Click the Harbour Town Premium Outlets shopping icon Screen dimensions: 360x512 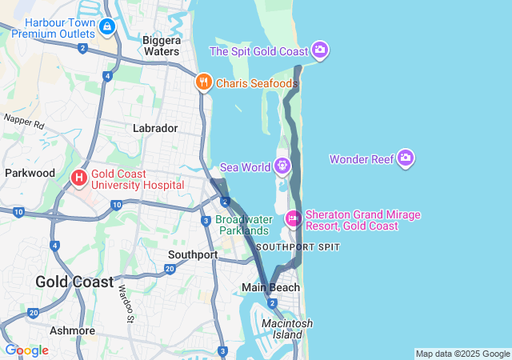(x=106, y=26)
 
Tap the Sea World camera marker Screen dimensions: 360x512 (x=282, y=166)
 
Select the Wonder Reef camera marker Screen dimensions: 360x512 (x=406, y=158)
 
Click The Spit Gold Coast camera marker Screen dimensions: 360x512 (x=320, y=50)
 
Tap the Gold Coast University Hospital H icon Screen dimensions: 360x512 (x=80, y=178)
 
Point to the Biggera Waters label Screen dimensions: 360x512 (x=161, y=46)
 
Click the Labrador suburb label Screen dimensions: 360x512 (x=155, y=128)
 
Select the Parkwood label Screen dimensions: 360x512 (x=30, y=173)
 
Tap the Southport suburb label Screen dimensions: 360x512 (x=193, y=254)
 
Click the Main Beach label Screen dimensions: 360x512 (x=271, y=287)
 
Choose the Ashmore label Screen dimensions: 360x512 (x=72, y=330)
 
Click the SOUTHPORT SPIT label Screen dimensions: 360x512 (x=298, y=246)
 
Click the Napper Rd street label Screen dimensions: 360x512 (x=23, y=122)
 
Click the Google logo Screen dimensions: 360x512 (x=26, y=350)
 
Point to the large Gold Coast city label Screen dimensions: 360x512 (x=70, y=282)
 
